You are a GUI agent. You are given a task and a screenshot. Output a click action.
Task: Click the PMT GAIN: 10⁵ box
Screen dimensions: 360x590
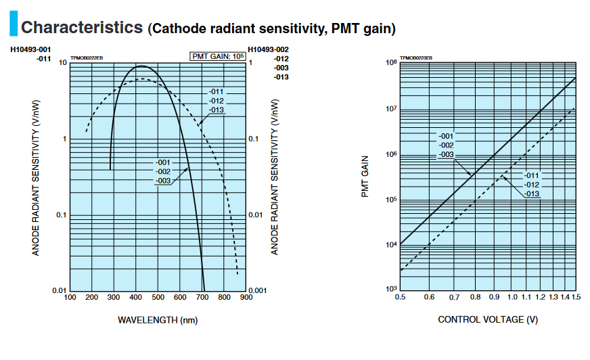pyautogui.click(x=217, y=56)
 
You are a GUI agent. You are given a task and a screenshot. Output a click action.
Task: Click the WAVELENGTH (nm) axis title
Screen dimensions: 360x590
pyautogui.click(x=158, y=319)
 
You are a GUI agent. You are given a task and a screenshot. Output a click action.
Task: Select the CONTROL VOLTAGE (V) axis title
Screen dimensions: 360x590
pyautogui.click(x=488, y=319)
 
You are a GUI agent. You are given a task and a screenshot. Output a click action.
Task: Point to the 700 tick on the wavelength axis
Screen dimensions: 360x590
pyautogui.click(x=202, y=297)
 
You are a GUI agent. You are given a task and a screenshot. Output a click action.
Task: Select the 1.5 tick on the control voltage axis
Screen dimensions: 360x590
pyautogui.click(x=575, y=297)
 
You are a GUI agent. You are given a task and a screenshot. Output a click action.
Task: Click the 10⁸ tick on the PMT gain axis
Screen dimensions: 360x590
pyautogui.click(x=390, y=63)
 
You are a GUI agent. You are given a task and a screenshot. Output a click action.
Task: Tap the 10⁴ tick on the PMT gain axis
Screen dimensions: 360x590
pyautogui.click(x=390, y=245)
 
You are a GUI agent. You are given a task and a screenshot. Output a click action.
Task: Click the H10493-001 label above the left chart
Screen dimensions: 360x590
pyautogui.click(x=30, y=50)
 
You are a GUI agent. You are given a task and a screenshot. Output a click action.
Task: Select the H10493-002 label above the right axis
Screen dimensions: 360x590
pyautogui.click(x=269, y=50)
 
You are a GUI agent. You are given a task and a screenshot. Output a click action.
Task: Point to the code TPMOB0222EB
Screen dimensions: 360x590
pyautogui.click(x=87, y=59)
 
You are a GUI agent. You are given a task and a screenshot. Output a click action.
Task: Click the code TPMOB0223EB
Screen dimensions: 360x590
pyautogui.click(x=416, y=59)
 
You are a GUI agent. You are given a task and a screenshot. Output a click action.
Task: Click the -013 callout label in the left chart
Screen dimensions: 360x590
pyautogui.click(x=216, y=110)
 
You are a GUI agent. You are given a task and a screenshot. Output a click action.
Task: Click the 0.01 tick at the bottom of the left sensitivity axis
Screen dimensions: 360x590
pyautogui.click(x=59, y=290)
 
